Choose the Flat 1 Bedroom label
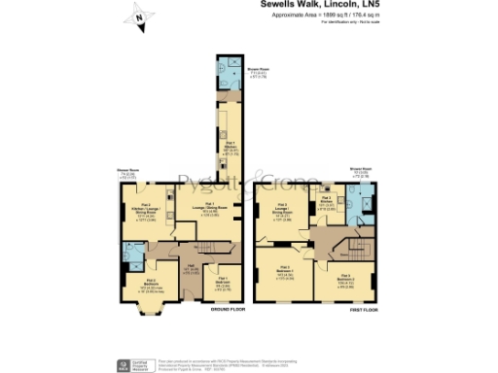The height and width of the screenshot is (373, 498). (x=225, y=283)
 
